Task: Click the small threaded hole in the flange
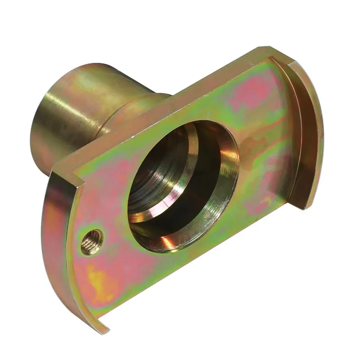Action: [x=92, y=242]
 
